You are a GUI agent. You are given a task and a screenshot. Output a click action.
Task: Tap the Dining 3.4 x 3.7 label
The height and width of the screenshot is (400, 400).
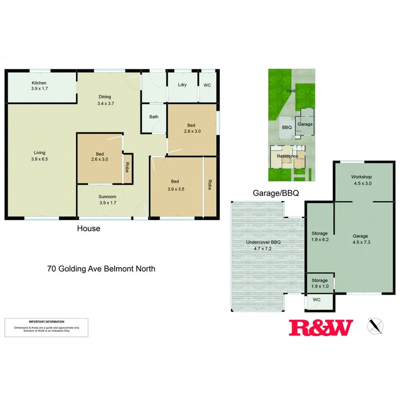[x=105, y=100]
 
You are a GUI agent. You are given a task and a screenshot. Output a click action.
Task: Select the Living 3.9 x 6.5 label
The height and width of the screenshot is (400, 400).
[x=39, y=156]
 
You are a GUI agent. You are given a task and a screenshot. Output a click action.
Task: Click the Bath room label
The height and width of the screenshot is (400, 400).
[x=154, y=117]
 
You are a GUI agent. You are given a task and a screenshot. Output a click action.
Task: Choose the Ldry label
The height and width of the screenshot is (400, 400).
[x=182, y=84]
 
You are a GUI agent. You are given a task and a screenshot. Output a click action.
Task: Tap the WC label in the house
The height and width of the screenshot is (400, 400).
[x=208, y=84]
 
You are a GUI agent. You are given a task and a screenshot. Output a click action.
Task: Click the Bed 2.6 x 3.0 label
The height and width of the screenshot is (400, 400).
[x=100, y=156]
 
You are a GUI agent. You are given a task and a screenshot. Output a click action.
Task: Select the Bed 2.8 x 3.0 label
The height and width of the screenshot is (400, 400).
[x=193, y=128]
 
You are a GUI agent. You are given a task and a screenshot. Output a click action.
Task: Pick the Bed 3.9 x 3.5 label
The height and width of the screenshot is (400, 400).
[x=175, y=184]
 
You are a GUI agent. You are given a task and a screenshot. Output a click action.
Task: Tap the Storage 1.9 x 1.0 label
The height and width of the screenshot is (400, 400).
[x=320, y=283]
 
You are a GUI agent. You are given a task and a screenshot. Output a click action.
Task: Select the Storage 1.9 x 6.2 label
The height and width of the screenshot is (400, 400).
[x=320, y=236]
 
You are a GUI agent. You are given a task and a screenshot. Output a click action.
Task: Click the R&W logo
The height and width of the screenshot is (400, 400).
[x=321, y=328]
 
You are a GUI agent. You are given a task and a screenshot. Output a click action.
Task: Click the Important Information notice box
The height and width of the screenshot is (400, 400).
[x=46, y=328]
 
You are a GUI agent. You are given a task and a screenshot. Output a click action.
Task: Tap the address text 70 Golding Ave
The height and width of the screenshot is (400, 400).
[x=101, y=268]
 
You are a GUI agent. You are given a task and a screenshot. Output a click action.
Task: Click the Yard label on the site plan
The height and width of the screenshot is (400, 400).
[x=291, y=91]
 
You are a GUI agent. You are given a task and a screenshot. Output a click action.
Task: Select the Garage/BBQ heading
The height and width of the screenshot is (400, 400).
[x=276, y=193]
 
